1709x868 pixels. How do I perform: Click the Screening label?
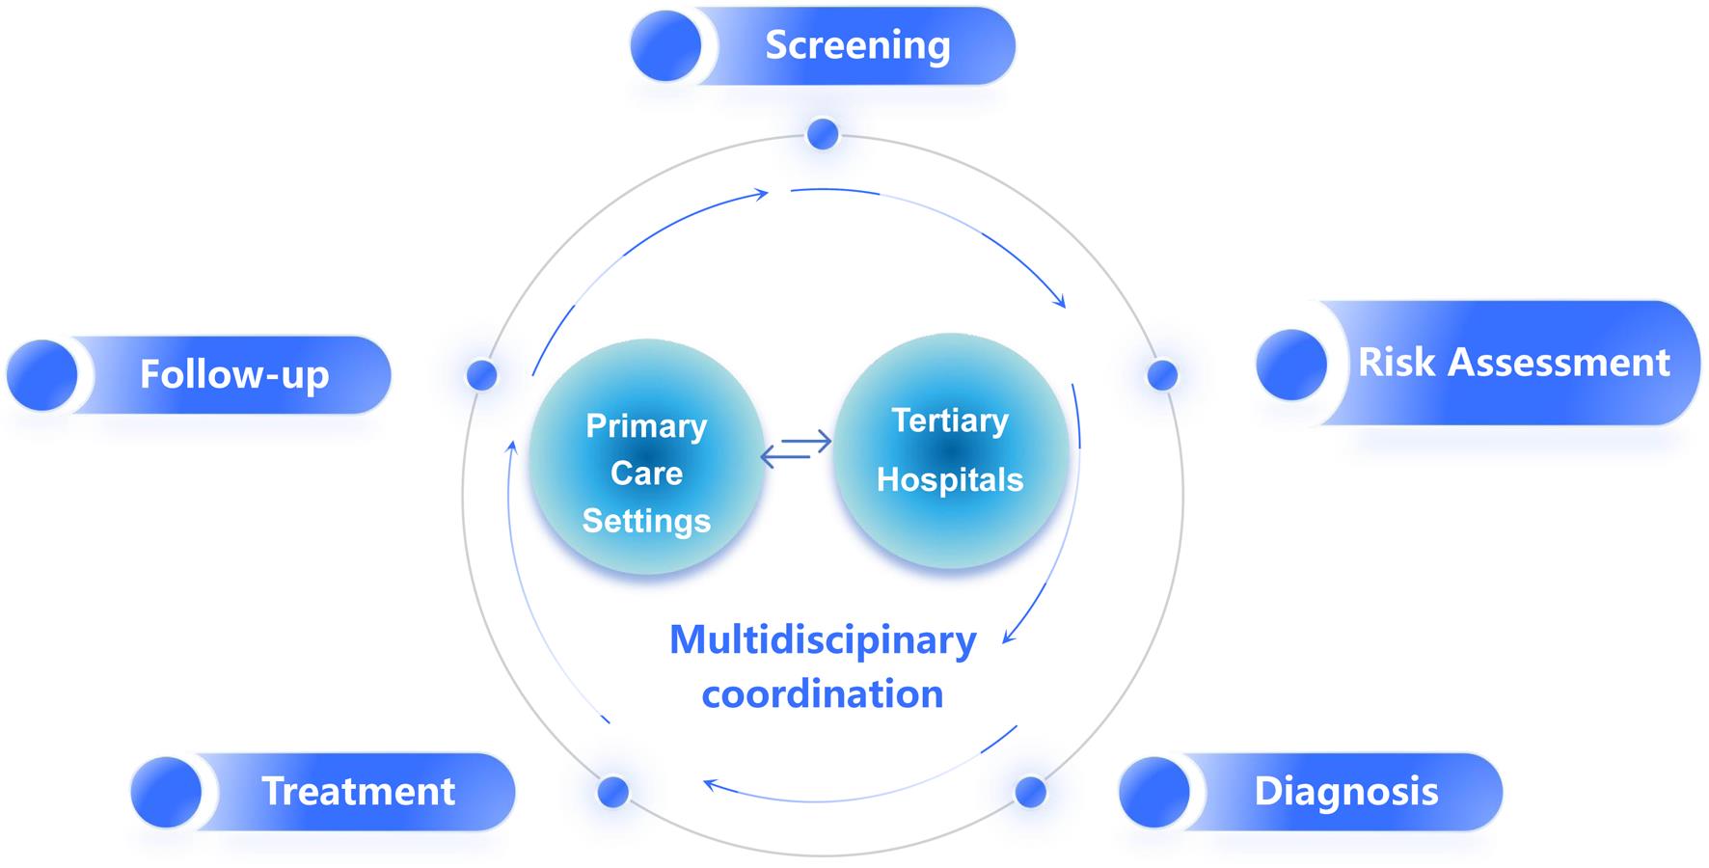[857, 45]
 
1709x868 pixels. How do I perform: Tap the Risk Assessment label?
[1513, 363]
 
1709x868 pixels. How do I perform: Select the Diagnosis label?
[1345, 792]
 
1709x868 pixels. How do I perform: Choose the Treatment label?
[358, 792]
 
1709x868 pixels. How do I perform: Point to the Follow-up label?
[234, 374]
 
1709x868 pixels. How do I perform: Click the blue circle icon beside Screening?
[666, 45]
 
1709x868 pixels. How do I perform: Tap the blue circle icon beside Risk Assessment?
[1291, 365]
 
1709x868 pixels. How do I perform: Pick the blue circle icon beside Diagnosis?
[1154, 792]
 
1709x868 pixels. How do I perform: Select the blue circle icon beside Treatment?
[167, 792]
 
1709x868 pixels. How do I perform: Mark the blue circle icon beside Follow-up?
[42, 375]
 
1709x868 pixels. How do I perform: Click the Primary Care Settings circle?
[646, 457]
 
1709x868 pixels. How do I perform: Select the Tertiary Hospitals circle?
[951, 450]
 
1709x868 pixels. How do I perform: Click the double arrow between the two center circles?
[797, 448]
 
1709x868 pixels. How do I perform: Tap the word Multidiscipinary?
[823, 640]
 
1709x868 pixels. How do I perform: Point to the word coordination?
[823, 694]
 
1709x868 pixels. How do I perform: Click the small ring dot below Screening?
[823, 133]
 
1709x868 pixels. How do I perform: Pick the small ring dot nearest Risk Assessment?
[1162, 374]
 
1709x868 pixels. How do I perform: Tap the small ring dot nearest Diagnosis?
[1030, 792]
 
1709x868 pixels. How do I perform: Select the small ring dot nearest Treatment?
[613, 792]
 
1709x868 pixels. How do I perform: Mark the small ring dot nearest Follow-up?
[481, 374]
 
